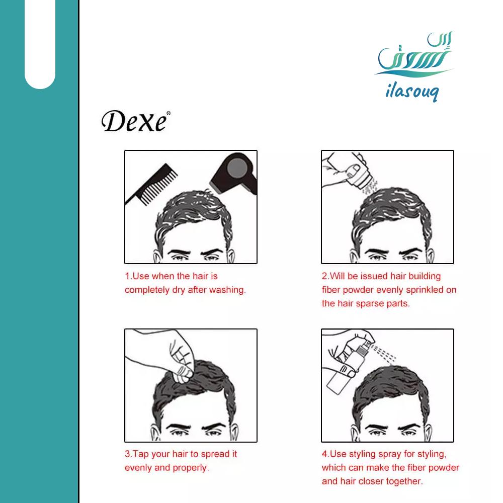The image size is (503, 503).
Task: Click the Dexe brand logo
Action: tap(135, 121)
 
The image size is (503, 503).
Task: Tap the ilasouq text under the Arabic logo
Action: tap(412, 92)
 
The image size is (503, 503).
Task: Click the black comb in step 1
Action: tap(151, 184)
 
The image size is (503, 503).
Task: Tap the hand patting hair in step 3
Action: tap(163, 356)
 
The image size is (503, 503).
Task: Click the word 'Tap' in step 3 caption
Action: tap(140, 454)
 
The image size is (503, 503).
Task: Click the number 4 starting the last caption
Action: tap(324, 454)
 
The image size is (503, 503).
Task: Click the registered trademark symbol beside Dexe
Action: tap(169, 113)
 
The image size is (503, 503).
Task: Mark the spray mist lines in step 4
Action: tap(383, 353)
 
